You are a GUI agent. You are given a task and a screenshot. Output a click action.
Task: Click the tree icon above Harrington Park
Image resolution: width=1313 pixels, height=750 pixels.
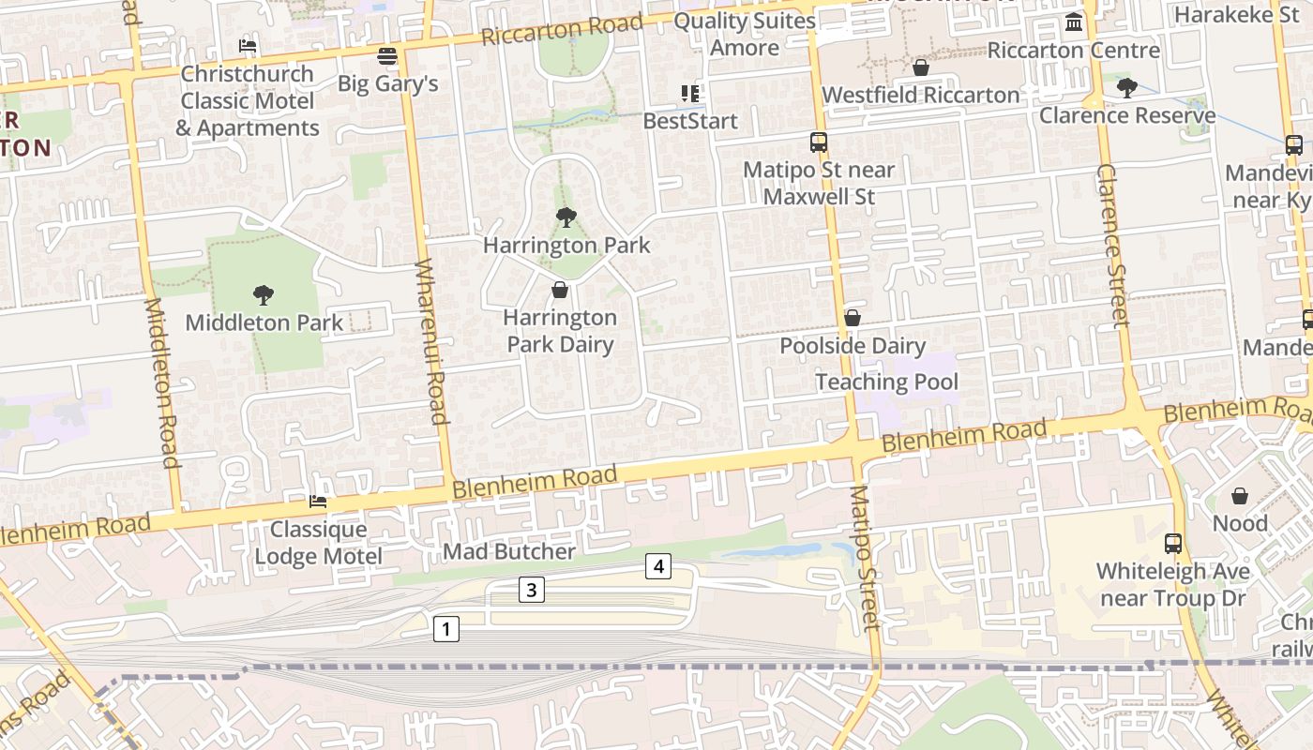point(566,217)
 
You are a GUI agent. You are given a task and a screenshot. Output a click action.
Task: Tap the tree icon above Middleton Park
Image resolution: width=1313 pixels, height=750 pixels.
point(264,295)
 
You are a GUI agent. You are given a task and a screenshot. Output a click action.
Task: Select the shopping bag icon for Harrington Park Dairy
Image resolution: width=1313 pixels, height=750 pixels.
point(560,290)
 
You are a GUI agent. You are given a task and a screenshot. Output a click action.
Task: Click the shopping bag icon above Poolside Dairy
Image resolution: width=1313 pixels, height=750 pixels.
point(853,318)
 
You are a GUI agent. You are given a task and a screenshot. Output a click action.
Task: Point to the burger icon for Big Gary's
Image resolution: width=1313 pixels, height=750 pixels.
point(387,55)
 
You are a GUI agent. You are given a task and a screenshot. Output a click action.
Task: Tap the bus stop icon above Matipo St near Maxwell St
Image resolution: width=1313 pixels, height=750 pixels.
point(819,142)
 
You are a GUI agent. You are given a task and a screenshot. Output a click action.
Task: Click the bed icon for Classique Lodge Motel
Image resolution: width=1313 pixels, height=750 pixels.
point(318,502)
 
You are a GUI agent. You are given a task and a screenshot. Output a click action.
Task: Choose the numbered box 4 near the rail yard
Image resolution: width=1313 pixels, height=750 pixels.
point(658,566)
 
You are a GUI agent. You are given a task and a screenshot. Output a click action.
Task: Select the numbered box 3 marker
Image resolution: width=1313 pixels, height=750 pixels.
point(532,590)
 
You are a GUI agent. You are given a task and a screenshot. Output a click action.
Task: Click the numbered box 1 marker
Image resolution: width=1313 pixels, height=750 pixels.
point(446,629)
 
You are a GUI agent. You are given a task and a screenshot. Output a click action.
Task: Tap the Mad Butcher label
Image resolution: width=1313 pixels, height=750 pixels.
point(508,551)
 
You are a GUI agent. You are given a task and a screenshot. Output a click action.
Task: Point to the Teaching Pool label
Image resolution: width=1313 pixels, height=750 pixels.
point(886,382)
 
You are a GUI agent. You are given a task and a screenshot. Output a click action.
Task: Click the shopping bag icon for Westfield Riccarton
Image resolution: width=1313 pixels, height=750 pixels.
point(921,67)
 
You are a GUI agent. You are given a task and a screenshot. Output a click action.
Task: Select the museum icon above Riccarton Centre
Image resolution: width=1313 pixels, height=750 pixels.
point(1074,22)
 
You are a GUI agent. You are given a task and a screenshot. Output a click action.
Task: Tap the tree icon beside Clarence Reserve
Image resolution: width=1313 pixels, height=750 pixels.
point(1126,88)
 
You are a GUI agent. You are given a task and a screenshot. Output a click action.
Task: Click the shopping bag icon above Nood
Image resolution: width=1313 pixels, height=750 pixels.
point(1240,495)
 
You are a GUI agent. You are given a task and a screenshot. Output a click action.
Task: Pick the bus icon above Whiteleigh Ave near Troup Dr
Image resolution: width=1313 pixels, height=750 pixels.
point(1173,543)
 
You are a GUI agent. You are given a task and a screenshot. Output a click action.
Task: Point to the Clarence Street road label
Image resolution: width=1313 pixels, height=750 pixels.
point(1112,246)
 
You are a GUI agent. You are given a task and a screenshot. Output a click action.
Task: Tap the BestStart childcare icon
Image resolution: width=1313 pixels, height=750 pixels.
point(690,94)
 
